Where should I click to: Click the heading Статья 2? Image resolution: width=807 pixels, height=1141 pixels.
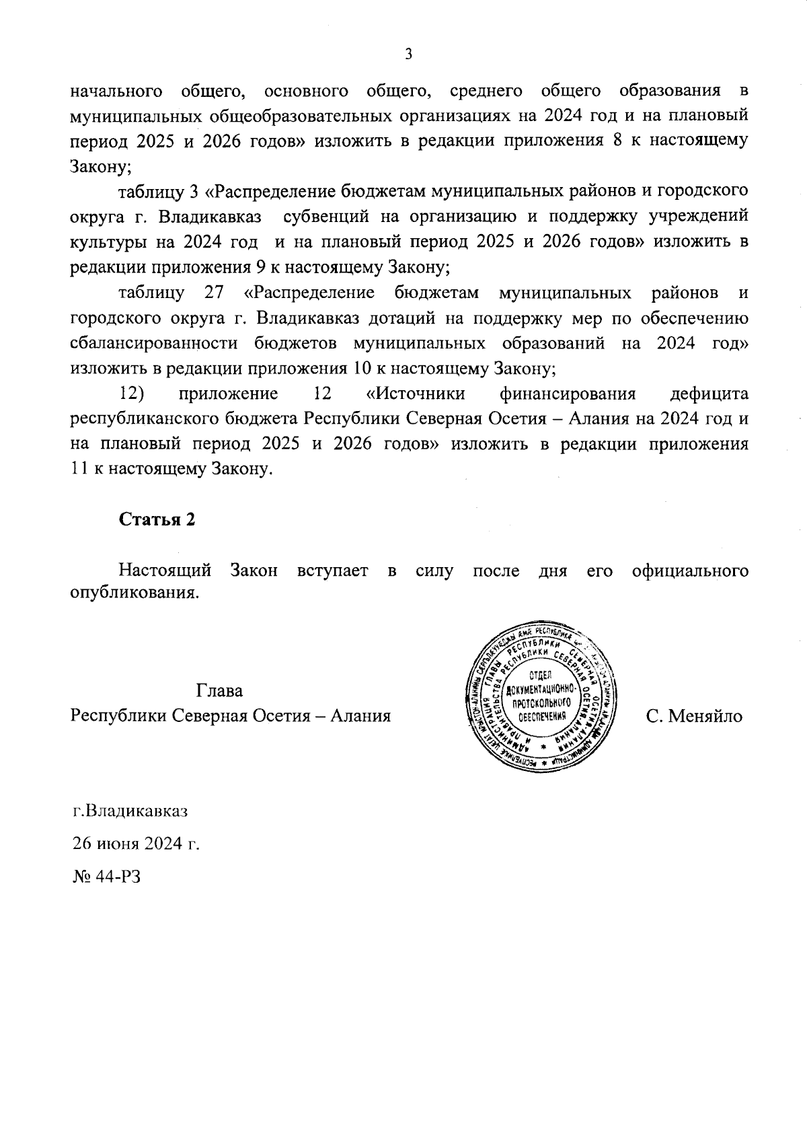157,519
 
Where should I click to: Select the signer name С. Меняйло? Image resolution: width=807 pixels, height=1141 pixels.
694,716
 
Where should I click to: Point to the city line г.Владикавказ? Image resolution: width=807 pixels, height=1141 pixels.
130,811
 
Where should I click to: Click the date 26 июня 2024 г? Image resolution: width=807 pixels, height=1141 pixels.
136,844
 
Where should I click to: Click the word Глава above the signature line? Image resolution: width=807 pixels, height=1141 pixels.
220,691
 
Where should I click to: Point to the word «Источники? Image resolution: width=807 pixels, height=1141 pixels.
417,394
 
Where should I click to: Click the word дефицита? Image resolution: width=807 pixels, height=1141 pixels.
709,394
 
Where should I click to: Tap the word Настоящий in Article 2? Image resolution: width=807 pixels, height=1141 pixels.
165,570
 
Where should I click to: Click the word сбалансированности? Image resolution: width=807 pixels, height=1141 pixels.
154,343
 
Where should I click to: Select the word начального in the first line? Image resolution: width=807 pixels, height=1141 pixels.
118,90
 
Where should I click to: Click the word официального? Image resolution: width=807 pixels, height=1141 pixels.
691,570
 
